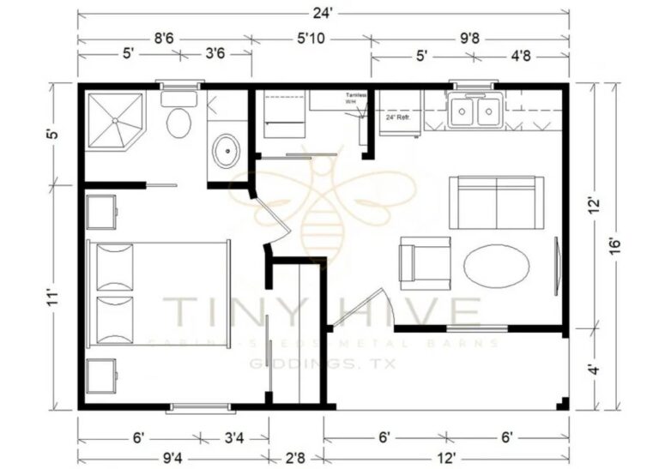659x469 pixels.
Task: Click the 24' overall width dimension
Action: (x=323, y=11)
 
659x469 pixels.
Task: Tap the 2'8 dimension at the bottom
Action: (x=295, y=456)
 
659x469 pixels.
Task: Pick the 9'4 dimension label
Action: (x=172, y=456)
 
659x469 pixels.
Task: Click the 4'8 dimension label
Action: (x=519, y=59)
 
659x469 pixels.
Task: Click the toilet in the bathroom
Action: (x=178, y=122)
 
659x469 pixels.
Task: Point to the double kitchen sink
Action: (x=475, y=111)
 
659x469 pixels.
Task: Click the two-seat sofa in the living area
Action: (x=497, y=201)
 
